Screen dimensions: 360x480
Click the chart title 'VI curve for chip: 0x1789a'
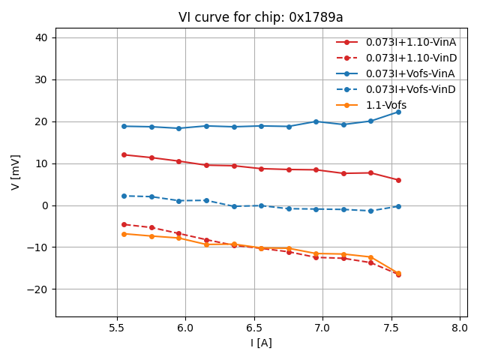click(260, 17)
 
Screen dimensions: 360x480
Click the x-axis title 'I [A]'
click(260, 343)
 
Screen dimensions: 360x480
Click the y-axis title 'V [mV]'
click(16, 172)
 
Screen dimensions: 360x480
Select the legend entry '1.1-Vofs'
click(385, 106)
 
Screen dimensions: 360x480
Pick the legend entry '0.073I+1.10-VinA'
click(410, 42)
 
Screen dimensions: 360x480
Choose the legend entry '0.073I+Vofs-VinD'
click(410, 90)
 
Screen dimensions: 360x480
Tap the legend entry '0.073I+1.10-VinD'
click(410, 58)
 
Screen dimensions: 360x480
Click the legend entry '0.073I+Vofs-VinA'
click(410, 73)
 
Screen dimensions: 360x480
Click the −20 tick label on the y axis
click(38, 289)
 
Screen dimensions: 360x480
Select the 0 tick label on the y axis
click(44, 205)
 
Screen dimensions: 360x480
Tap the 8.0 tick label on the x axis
click(460, 328)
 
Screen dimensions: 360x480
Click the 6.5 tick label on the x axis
click(254, 328)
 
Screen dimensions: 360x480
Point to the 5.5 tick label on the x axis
click(117, 328)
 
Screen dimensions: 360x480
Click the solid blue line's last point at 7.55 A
click(398, 112)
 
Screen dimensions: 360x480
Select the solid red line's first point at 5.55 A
click(124, 154)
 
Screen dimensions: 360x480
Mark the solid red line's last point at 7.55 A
click(398, 180)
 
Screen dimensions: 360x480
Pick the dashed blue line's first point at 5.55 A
click(124, 196)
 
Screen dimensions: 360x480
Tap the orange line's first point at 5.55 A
click(124, 234)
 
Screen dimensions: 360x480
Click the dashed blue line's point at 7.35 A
click(370, 211)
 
